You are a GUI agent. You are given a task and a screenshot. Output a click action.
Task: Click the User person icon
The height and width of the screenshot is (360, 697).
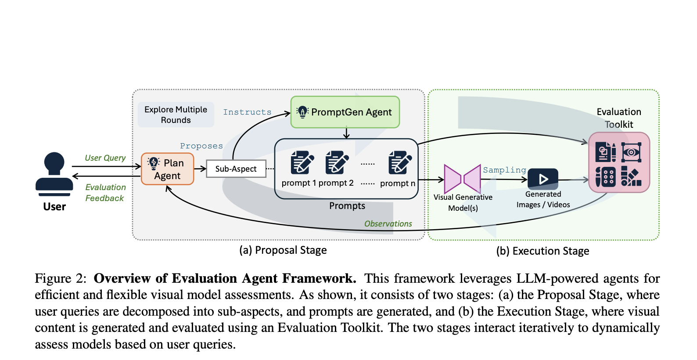click(54, 174)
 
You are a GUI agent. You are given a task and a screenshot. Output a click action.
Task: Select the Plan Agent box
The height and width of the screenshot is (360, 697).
click(167, 169)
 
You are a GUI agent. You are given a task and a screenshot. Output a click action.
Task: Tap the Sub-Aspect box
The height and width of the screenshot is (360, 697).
click(236, 169)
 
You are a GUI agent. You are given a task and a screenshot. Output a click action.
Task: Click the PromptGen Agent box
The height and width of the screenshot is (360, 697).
click(345, 112)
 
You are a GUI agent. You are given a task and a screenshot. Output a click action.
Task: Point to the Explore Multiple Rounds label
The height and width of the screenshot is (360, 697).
click(176, 115)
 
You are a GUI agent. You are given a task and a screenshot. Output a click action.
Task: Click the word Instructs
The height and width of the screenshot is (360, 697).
click(247, 112)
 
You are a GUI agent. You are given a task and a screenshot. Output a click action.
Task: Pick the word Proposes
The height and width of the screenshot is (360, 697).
click(201, 146)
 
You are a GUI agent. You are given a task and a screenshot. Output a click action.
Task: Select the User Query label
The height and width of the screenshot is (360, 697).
click(105, 158)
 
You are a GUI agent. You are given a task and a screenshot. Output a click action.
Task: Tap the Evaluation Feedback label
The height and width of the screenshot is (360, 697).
click(105, 193)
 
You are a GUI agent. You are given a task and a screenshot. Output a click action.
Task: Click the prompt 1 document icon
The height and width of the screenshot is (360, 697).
click(302, 162)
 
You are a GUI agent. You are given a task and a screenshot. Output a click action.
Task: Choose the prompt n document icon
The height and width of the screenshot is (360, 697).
click(400, 162)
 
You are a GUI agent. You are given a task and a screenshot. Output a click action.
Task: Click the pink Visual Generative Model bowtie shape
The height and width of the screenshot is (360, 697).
click(462, 179)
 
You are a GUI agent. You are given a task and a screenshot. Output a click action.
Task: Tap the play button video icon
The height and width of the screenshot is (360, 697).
click(543, 179)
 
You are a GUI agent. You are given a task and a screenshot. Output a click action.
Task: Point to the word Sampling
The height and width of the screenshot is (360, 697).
click(504, 170)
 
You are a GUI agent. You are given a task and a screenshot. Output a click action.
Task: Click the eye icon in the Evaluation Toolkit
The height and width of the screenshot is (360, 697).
click(631, 152)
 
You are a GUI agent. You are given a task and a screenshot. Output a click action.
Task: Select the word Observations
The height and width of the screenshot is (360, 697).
click(388, 224)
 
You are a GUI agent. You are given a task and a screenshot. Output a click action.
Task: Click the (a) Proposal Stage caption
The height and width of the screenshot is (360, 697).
click(283, 250)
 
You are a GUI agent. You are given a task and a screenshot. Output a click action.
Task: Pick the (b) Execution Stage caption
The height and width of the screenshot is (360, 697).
click(543, 251)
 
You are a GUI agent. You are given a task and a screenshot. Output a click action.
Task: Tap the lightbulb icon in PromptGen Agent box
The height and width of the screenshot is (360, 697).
click(302, 112)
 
